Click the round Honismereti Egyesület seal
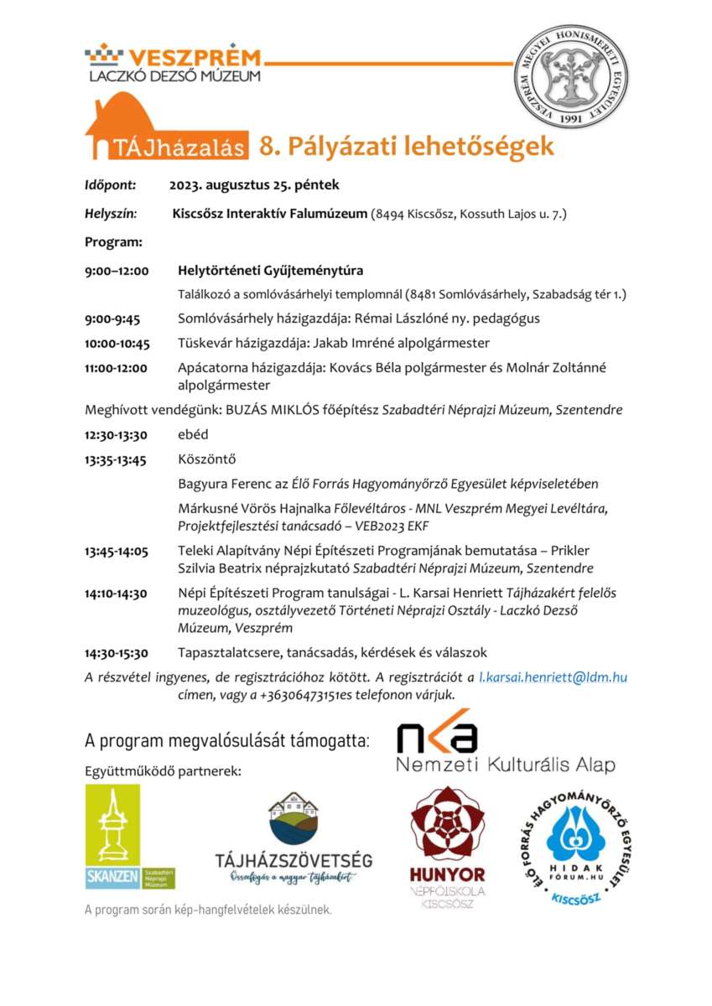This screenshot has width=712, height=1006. (571, 76)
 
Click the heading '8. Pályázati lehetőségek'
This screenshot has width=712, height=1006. (406, 146)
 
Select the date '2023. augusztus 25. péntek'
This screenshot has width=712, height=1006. (254, 185)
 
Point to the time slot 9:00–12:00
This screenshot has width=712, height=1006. (117, 271)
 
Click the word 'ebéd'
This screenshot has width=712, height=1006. (193, 435)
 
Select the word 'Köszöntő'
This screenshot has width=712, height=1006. (206, 459)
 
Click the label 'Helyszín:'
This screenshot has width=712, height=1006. (111, 214)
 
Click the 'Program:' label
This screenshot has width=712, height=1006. (113, 242)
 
